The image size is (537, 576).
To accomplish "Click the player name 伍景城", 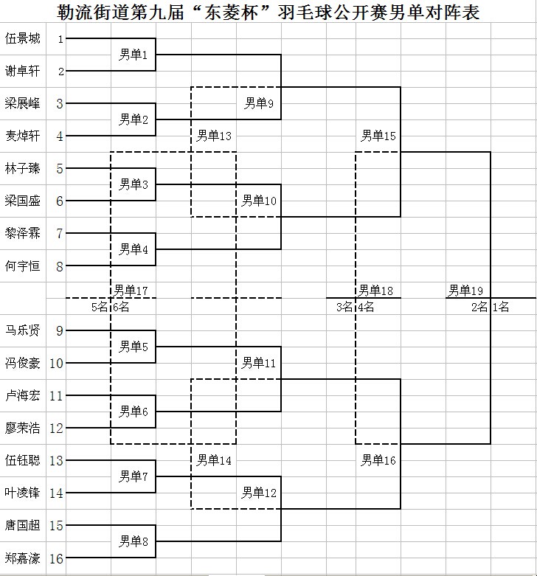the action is [x=22, y=38].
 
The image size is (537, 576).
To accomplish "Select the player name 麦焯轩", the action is [x=22, y=136].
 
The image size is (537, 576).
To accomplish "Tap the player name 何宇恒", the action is [x=22, y=266].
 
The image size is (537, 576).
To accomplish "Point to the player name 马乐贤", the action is [x=22, y=330].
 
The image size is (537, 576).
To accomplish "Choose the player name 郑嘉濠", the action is [x=22, y=558].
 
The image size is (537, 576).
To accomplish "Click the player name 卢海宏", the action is [x=22, y=395].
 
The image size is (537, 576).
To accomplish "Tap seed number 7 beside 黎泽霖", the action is [x=60, y=234].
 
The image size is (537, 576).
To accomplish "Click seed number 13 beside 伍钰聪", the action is [x=56, y=461].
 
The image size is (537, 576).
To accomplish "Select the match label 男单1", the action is [x=133, y=55].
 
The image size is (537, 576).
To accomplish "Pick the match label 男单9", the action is [x=259, y=103].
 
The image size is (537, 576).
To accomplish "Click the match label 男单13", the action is [x=214, y=136].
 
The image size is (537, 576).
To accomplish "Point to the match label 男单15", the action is [x=378, y=136].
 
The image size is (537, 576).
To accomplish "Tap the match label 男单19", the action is [x=465, y=291].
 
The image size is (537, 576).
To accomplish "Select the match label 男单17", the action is [x=131, y=291].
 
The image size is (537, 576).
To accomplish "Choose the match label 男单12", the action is [x=259, y=493].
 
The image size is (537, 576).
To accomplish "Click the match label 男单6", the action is [x=134, y=412].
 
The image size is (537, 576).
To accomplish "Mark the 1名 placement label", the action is [x=501, y=307].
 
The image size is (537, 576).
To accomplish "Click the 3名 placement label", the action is [x=344, y=307].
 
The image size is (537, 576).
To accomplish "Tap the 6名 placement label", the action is [x=121, y=307].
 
